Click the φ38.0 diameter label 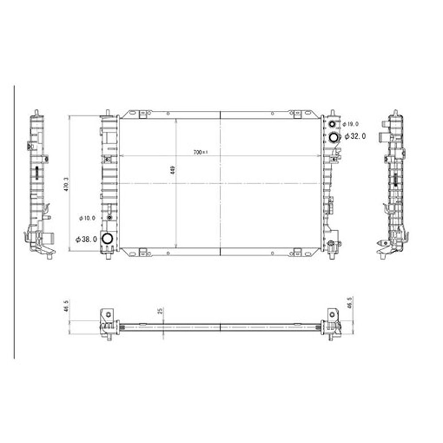point(86,239)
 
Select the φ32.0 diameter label point(355,136)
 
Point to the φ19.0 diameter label point(350,124)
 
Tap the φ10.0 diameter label point(87,218)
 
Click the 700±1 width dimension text point(201,152)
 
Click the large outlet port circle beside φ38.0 point(107,239)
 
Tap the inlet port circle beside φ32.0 point(333,138)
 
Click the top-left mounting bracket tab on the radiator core point(143,114)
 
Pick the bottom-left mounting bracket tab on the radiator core point(143,253)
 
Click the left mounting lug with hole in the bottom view point(107,314)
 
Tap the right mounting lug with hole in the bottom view point(331,314)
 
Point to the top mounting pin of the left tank point(107,113)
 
